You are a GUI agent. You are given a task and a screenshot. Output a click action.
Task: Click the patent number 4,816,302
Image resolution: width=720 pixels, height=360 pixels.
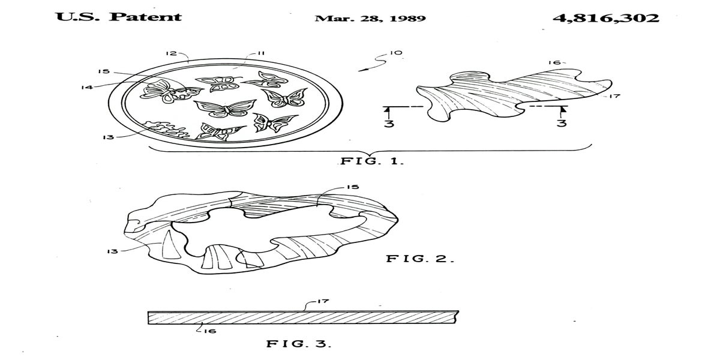[606, 17]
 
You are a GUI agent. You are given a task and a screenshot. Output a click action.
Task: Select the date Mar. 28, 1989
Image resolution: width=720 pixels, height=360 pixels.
[370, 17]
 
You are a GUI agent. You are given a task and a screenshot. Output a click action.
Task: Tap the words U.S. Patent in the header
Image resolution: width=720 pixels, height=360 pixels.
[119, 16]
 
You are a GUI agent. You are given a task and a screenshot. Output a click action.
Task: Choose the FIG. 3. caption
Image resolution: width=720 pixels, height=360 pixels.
[298, 344]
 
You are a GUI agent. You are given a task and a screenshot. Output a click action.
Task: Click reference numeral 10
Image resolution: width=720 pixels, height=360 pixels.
[396, 53]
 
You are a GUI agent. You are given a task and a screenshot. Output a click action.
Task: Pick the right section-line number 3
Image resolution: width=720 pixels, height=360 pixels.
[562, 125]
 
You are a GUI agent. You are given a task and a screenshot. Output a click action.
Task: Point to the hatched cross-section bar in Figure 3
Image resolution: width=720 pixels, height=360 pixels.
[303, 317]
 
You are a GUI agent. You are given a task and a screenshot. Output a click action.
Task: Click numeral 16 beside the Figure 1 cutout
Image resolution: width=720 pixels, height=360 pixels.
[554, 62]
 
